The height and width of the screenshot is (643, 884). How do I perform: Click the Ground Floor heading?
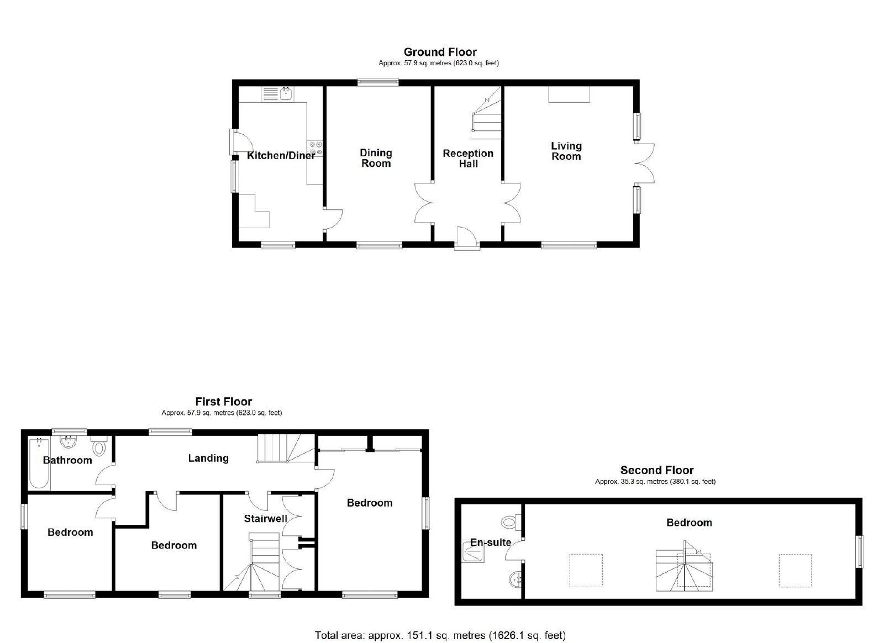(x=440, y=52)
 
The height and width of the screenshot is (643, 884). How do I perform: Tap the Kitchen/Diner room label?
(x=281, y=155)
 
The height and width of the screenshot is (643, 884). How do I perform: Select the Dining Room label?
(x=376, y=158)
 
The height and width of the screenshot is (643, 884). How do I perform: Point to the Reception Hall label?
(x=468, y=159)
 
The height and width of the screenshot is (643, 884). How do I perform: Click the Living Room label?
(x=566, y=151)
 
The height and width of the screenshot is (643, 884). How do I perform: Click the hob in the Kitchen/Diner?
(x=315, y=149)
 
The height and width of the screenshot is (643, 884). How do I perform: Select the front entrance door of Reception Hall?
(x=467, y=238)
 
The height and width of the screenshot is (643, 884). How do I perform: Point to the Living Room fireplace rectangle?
(x=569, y=94)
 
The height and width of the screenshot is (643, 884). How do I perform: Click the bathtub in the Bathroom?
(x=39, y=463)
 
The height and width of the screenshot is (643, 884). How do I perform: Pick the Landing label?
(x=208, y=458)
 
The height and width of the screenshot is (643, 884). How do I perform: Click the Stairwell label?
(x=266, y=518)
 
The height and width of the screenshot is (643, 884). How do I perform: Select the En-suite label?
(x=491, y=542)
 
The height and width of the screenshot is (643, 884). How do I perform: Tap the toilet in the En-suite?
(x=512, y=522)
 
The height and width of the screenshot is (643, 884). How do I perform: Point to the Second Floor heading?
(x=657, y=470)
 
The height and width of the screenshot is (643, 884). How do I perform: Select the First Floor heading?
(x=223, y=402)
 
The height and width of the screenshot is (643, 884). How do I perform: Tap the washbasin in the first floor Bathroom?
(x=69, y=441)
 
